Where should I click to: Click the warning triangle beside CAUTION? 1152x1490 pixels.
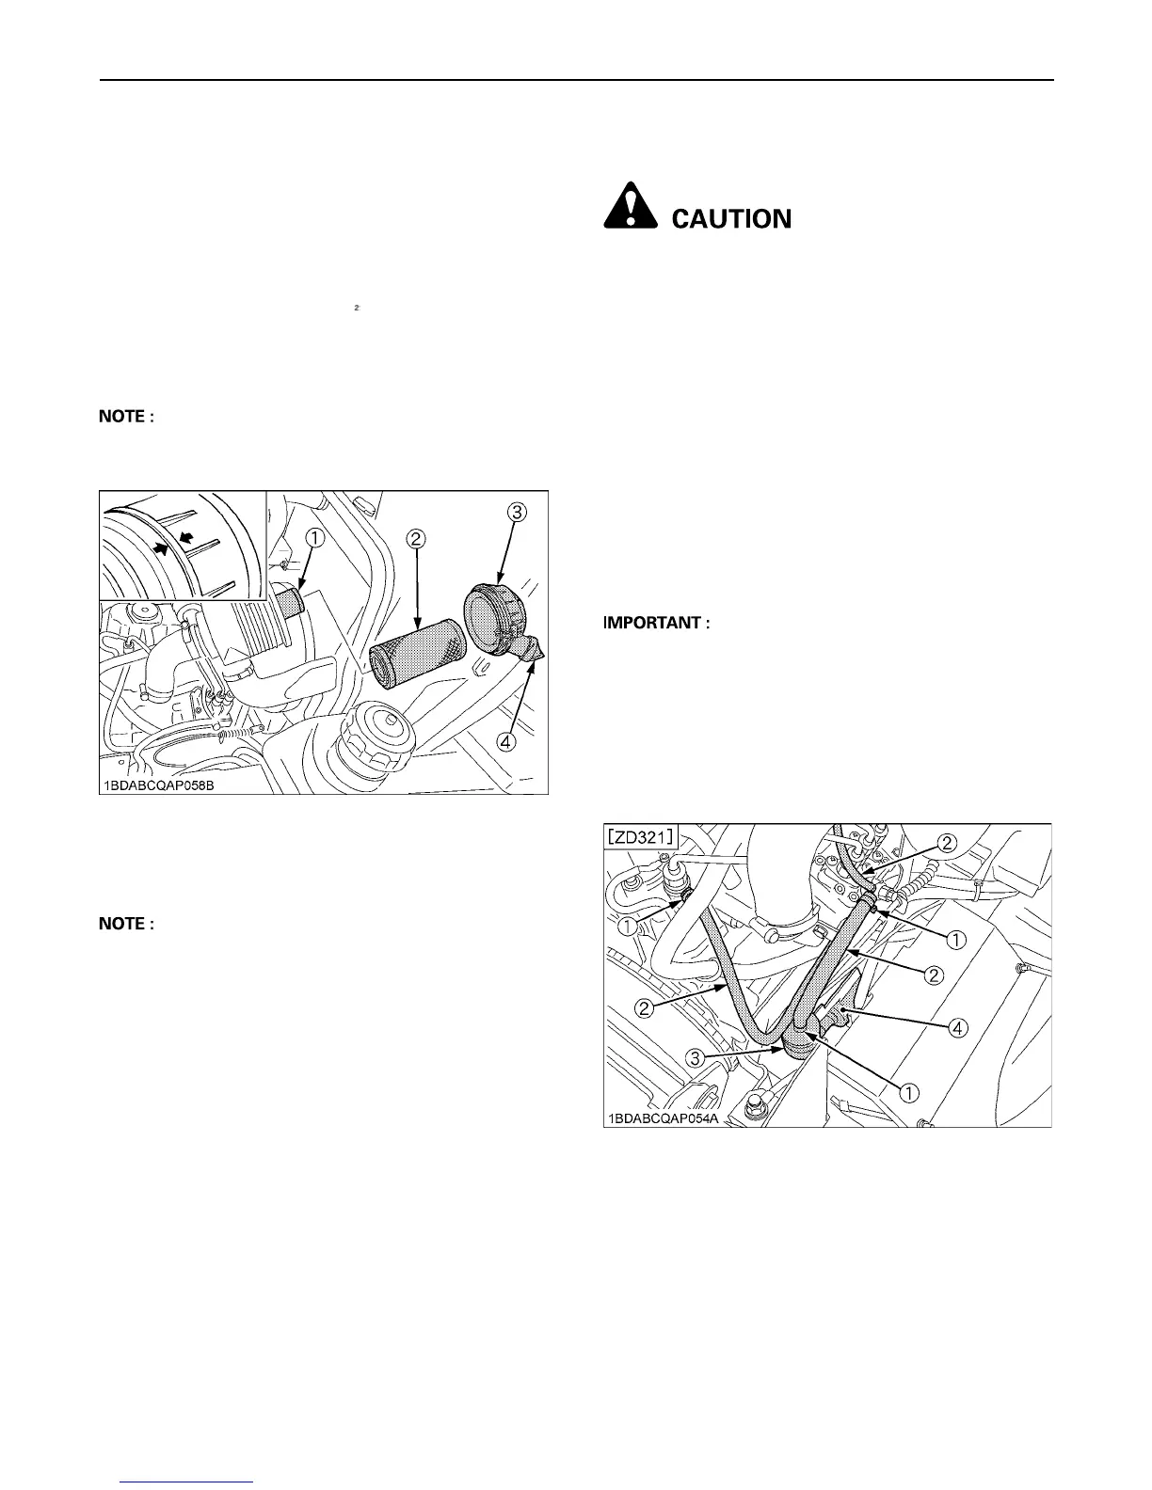(630, 204)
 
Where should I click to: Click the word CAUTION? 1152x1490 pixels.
(731, 219)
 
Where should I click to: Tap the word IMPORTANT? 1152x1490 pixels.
(654, 623)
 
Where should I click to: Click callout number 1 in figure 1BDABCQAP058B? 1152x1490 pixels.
(314, 538)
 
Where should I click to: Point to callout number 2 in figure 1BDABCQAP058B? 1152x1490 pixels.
(416, 539)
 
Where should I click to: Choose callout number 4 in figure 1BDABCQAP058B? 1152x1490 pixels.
(506, 742)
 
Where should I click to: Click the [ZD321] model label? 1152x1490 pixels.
(645, 837)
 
